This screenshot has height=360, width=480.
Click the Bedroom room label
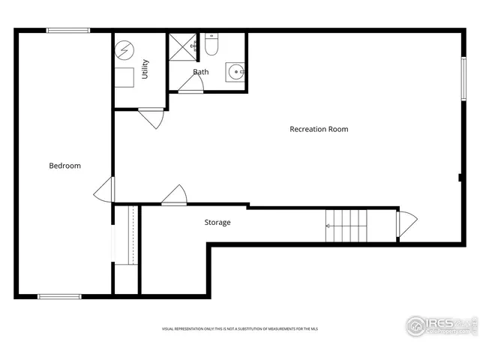click(x=64, y=166)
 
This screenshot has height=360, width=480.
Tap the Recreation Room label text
click(x=319, y=129)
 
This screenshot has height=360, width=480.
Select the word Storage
click(x=217, y=223)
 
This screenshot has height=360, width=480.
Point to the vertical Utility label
click(x=145, y=69)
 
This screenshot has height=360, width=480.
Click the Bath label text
click(x=200, y=73)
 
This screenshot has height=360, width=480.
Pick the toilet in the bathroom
click(x=211, y=46)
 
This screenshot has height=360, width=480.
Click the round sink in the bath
click(x=235, y=73)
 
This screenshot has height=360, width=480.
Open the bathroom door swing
click(x=190, y=85)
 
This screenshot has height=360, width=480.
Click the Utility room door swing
click(x=151, y=118)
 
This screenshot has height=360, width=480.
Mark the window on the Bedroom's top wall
click(x=68, y=30)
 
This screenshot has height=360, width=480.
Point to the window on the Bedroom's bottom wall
click(x=60, y=296)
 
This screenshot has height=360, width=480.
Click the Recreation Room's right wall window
click(x=463, y=79)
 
